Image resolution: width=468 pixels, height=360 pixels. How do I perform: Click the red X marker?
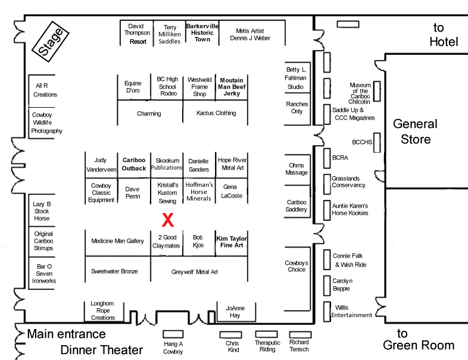(168, 220)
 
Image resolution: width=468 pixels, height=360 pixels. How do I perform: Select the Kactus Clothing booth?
(216, 113)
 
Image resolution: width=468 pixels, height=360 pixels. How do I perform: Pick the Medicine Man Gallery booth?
(117, 242)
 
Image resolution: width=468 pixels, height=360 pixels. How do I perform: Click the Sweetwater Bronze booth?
(114, 271)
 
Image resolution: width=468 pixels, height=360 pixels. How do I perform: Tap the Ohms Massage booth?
(297, 169)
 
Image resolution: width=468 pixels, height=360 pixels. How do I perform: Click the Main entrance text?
(66, 334)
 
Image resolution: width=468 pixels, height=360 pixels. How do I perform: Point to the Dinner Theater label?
(102, 350)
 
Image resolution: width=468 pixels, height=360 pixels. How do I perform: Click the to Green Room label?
(418, 340)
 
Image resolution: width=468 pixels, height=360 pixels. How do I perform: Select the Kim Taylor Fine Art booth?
(232, 242)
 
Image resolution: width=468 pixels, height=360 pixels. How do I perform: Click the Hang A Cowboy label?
(173, 348)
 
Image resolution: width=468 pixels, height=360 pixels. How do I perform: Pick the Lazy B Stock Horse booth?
(42, 211)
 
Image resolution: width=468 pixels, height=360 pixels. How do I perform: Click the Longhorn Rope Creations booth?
(103, 310)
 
